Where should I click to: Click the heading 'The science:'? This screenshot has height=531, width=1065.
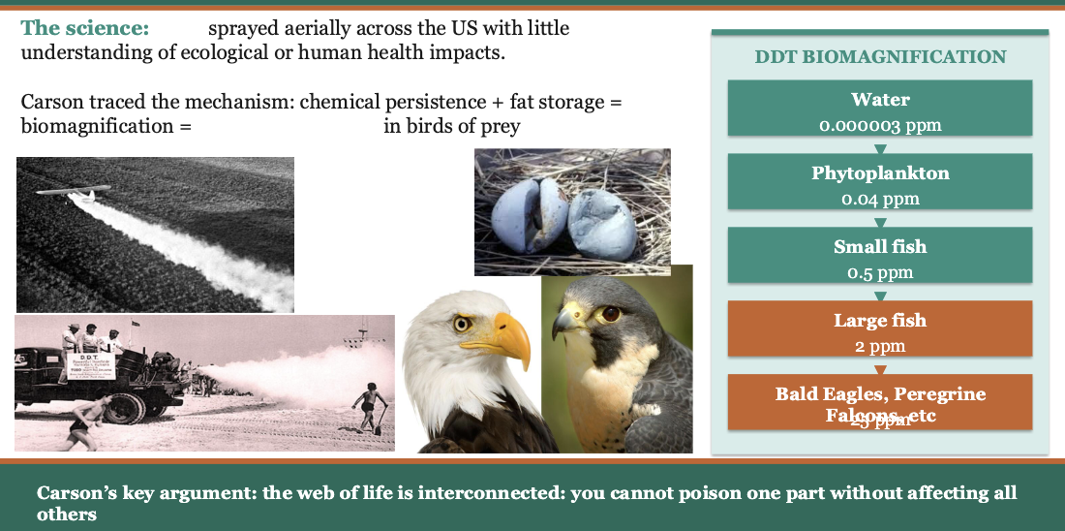[x=85, y=29]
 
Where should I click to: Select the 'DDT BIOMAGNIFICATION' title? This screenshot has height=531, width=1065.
[x=880, y=57]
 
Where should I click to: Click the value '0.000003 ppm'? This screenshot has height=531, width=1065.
[x=880, y=126]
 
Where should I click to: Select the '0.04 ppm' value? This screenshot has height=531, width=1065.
[x=880, y=200]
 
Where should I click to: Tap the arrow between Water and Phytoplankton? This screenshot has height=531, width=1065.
[x=880, y=148]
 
